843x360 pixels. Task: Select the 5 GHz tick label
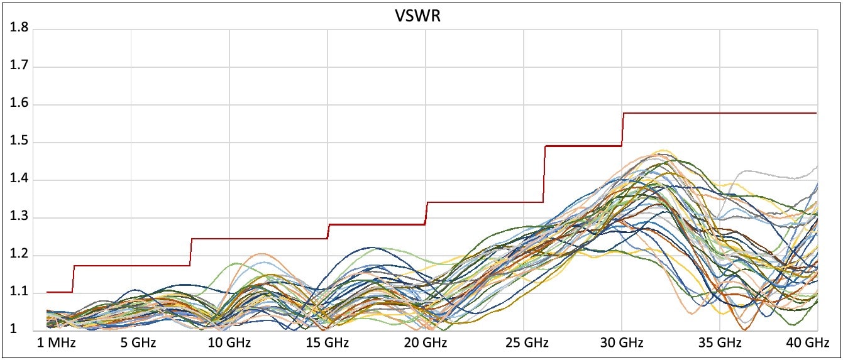click(139, 343)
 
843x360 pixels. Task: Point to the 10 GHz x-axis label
click(229, 343)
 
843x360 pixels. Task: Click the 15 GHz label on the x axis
click(328, 343)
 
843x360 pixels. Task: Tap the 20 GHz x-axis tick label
click(426, 343)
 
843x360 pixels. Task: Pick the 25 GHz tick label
click(524, 343)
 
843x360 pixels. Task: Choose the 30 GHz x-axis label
click(622, 343)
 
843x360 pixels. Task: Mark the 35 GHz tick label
click(720, 343)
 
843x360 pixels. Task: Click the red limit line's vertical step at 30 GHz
click(622, 129)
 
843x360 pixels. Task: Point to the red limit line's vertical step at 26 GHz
click(544, 174)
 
